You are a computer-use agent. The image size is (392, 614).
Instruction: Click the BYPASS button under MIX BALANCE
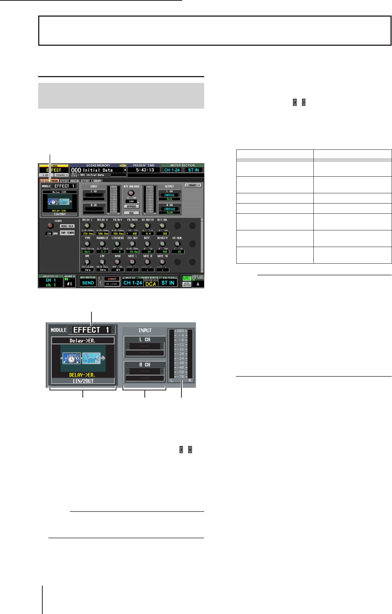[x=131, y=207]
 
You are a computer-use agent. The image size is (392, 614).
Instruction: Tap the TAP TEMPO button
[x=68, y=233]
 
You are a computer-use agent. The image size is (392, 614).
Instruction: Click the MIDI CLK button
[x=68, y=226]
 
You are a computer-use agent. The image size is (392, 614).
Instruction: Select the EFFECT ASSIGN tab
[x=69, y=181]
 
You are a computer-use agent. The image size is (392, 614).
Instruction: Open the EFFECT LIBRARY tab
[x=91, y=181]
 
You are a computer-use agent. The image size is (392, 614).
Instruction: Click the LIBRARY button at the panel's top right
[x=193, y=185]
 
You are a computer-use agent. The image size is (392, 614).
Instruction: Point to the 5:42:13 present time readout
[x=145, y=170]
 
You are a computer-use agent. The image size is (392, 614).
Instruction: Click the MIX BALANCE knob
[x=131, y=193]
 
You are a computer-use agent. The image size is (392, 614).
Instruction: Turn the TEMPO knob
[x=50, y=226]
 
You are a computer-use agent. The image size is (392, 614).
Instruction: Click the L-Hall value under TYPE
[x=87, y=252]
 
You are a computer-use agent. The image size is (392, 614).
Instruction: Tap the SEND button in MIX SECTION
[x=88, y=283]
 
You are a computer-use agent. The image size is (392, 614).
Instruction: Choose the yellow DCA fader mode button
[x=150, y=283]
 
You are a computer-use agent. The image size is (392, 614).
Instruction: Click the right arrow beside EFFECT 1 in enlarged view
[x=113, y=330]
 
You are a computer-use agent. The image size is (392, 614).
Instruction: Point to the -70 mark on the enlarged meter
[x=181, y=376]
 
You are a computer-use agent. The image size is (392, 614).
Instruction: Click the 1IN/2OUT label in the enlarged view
[x=83, y=381]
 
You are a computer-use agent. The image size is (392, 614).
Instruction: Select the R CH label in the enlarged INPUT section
[x=145, y=365]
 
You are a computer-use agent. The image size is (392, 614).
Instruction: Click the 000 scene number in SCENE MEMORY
[x=76, y=170]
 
